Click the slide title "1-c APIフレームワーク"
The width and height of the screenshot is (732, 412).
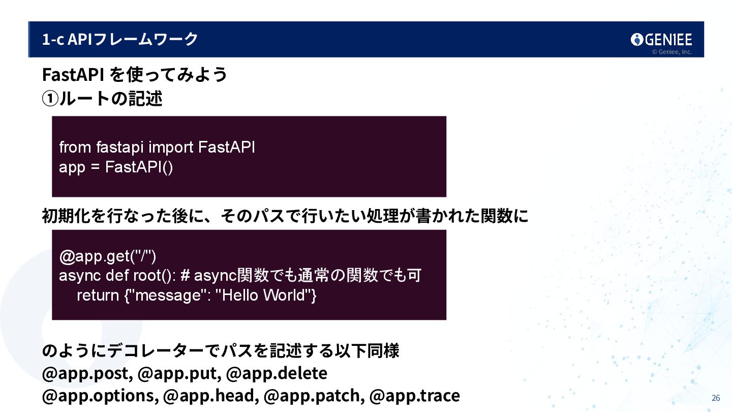[120, 39]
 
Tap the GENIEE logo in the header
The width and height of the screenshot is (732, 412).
[661, 40]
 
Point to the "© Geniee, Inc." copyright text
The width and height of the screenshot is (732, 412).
[672, 52]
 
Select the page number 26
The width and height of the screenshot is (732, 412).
[716, 398]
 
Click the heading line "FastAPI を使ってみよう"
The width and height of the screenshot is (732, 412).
[135, 75]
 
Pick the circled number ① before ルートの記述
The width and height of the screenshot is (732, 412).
[50, 99]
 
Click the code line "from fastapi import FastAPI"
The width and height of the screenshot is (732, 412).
[157, 148]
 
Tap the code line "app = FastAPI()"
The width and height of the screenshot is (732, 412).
[116, 167]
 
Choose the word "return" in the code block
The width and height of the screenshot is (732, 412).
[98, 295]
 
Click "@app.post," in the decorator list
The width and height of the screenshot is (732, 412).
[87, 373]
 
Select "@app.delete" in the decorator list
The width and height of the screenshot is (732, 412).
[277, 373]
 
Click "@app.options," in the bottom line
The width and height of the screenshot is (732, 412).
[100, 396]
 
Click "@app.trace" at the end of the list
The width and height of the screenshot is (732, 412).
[415, 396]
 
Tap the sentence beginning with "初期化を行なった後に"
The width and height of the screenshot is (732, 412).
[285, 217]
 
